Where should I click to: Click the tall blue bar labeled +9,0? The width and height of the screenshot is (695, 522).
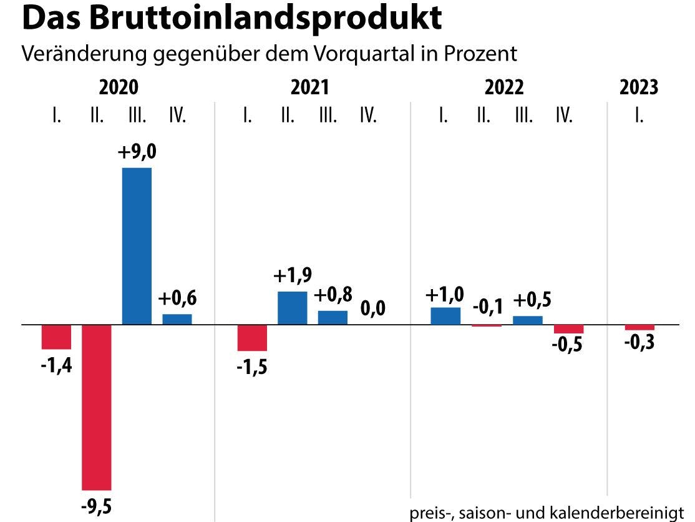pyautogui.click(x=137, y=246)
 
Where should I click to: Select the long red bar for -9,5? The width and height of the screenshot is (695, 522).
pyautogui.click(x=97, y=407)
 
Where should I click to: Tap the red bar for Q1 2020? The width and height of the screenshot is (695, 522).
pyautogui.click(x=56, y=337)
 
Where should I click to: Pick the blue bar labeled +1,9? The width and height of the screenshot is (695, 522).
pyautogui.click(x=293, y=308)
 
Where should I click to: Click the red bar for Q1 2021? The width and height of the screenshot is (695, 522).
pyautogui.click(x=252, y=338)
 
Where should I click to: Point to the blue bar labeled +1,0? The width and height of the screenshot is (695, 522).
pyautogui.click(x=445, y=316)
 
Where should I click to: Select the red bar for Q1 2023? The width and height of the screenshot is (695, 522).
pyautogui.click(x=639, y=328)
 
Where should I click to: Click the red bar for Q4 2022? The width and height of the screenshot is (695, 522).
pyautogui.click(x=568, y=329)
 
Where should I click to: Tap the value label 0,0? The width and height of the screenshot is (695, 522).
pyautogui.click(x=374, y=308)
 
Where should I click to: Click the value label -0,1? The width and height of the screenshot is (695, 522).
pyautogui.click(x=487, y=307)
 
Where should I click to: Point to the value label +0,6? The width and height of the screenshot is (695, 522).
pyautogui.click(x=177, y=298)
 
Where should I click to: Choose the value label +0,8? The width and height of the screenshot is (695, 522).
pyautogui.click(x=333, y=295)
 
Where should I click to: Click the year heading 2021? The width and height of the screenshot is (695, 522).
pyautogui.click(x=309, y=87)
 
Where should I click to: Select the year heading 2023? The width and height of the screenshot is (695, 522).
pyautogui.click(x=639, y=87)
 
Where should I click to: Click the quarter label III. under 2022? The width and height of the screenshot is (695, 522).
pyautogui.click(x=524, y=116)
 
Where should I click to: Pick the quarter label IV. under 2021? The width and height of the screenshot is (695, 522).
pyautogui.click(x=368, y=116)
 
